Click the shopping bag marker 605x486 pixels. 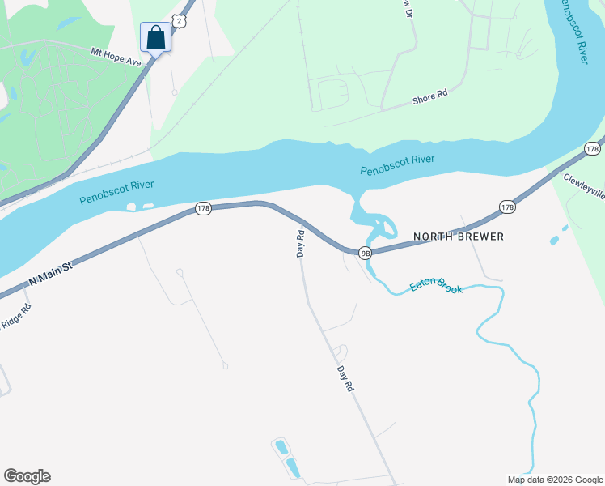tap(155, 37)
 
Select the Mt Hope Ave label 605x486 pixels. tap(117, 55)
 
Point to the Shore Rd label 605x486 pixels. tap(429, 96)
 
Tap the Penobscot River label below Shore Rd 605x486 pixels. tap(397, 165)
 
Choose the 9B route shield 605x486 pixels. tap(366, 253)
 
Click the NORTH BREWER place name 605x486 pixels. tap(459, 237)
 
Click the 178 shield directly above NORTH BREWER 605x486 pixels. tap(507, 207)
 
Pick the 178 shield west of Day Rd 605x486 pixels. tap(203, 209)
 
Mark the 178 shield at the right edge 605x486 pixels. tap(593, 149)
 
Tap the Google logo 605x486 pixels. tap(27, 476)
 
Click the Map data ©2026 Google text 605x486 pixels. tap(554, 480)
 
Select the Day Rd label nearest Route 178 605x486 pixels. tap(299, 243)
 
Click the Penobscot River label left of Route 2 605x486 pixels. tap(116, 192)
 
